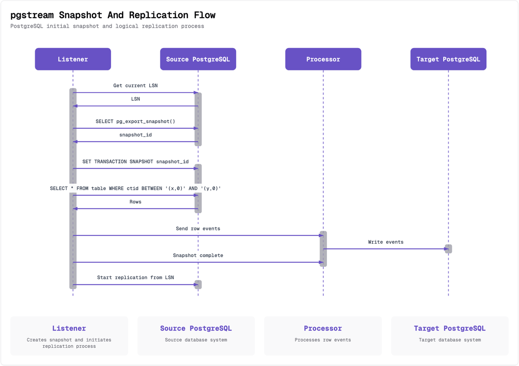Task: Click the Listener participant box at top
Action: point(73,59)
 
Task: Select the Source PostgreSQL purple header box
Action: point(198,59)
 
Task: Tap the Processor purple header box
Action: point(323,59)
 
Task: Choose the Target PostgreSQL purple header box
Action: point(448,59)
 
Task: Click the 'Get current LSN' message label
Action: point(135,86)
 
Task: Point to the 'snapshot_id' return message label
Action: point(135,135)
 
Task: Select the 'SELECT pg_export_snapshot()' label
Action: point(135,121)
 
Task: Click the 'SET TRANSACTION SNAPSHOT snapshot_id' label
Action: point(135,162)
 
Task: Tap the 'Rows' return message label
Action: point(135,202)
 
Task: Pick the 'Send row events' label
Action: point(198,229)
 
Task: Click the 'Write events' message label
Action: point(385,242)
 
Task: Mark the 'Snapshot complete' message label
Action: point(198,255)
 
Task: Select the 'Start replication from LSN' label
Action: point(135,277)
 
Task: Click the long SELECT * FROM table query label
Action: point(135,188)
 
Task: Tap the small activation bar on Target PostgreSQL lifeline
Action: point(449,249)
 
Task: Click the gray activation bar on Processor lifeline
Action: point(323,248)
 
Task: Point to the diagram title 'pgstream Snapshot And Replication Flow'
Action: point(113,16)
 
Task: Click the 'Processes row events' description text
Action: point(323,340)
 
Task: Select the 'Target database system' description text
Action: point(450,340)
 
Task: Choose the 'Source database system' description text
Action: point(196,340)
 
